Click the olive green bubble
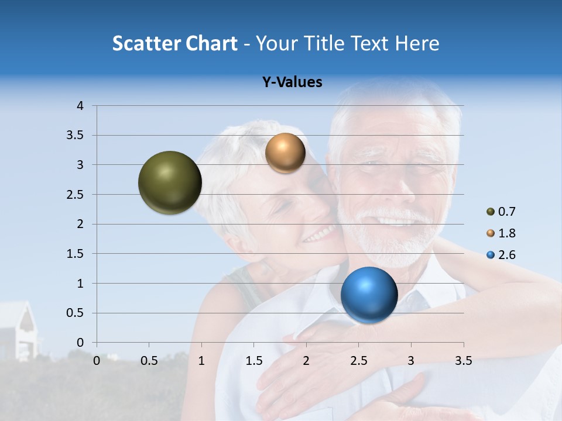170,182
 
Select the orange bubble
285,153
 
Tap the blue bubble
369,295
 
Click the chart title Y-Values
292,82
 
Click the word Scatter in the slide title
146,43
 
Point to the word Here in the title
417,43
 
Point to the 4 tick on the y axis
80,106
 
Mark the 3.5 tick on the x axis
463,361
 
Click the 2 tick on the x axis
306,361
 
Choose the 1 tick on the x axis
201,361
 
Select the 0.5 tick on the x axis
149,361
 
